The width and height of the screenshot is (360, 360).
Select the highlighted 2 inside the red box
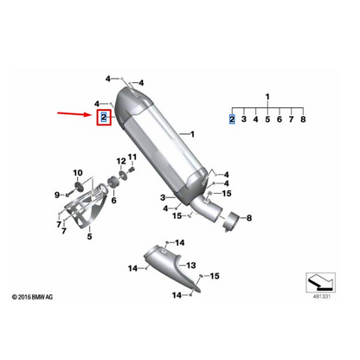(x=103, y=116)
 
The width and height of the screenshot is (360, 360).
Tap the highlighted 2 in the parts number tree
(x=231, y=119)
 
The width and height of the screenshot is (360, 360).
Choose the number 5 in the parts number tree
(x=267, y=119)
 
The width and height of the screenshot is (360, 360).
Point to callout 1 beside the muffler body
(x=192, y=134)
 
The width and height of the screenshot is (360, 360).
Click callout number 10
(x=76, y=174)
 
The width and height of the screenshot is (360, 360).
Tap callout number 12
(x=119, y=160)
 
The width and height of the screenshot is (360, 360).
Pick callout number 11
(x=132, y=157)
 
